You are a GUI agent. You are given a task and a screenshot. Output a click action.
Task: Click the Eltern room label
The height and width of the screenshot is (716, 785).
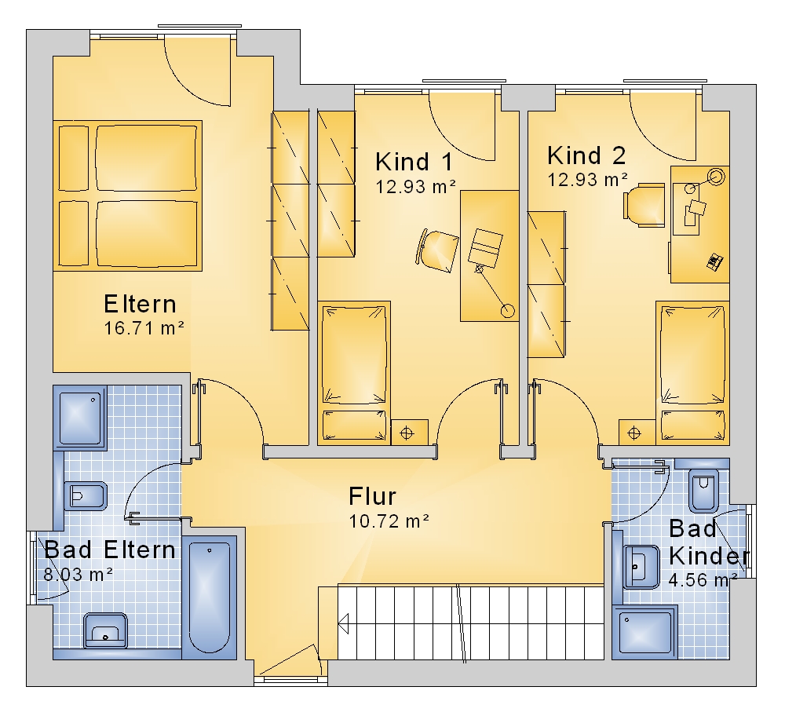(141, 304)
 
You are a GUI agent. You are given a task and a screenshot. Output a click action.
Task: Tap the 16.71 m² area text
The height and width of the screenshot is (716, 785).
(144, 328)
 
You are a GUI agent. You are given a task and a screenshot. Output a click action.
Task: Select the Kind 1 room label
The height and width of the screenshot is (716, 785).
(414, 162)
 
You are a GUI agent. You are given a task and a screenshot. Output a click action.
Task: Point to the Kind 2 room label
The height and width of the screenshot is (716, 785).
(586, 155)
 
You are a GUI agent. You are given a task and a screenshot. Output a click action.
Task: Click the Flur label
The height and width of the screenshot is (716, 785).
(372, 496)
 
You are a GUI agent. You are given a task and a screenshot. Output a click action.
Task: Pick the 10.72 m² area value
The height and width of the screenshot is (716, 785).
(389, 521)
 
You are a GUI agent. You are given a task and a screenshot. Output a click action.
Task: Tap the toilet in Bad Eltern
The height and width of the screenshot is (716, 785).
(86, 495)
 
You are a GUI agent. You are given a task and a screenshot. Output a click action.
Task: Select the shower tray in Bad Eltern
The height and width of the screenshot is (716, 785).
(80, 418)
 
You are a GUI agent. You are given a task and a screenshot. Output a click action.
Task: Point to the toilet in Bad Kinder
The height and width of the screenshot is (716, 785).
(704, 490)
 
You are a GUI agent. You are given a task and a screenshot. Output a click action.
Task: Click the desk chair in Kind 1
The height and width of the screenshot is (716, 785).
(437, 250)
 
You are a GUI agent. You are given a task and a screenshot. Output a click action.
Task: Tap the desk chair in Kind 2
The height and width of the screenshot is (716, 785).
(644, 205)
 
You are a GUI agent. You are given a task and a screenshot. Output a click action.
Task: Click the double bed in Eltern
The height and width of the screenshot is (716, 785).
(128, 195)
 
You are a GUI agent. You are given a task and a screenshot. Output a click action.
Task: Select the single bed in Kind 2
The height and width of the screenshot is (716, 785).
(692, 373)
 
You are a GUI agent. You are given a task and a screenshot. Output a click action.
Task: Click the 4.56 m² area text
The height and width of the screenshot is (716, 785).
(703, 580)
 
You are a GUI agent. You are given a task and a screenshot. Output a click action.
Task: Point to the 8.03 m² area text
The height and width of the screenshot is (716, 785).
(78, 575)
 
